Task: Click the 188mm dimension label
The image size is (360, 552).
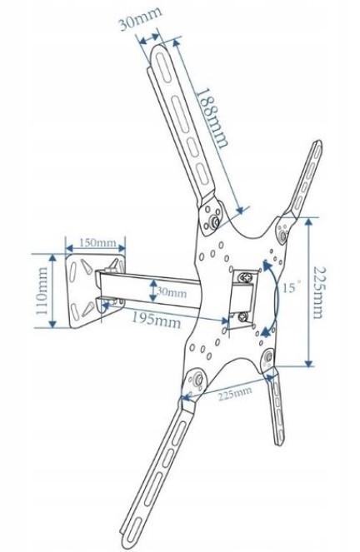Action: point(212,118)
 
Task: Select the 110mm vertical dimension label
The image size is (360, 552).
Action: point(42,291)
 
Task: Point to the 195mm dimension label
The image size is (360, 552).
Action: point(157,320)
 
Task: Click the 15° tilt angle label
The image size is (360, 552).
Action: point(292,287)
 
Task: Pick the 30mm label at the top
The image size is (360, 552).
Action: point(140,18)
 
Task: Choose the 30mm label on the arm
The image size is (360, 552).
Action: point(172,292)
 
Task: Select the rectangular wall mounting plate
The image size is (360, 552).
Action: point(96,291)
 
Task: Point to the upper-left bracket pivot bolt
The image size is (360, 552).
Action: point(213,221)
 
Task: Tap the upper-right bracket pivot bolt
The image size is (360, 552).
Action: point(282,235)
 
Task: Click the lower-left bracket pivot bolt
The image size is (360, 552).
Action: point(197,380)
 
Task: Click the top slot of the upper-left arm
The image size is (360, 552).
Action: point(162,68)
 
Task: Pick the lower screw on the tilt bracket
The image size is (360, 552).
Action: point(243,316)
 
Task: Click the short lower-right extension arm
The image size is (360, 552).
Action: point(276,408)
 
